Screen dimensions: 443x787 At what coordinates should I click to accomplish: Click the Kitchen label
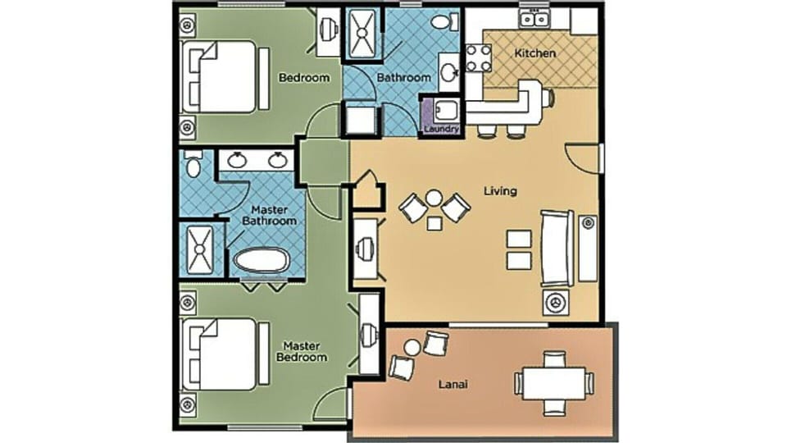[535, 53]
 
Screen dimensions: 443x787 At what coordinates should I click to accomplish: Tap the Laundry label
[442, 129]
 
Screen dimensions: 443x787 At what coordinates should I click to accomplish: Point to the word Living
[500, 191]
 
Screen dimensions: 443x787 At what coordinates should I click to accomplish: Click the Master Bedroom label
[305, 351]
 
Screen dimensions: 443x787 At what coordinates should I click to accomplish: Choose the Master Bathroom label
[273, 215]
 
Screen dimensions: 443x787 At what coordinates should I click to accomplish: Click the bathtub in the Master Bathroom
[261, 261]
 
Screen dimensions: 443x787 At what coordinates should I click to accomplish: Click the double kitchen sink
[535, 18]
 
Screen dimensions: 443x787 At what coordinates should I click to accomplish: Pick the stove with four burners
[477, 57]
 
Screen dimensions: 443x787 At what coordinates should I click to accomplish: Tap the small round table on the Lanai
[412, 348]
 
